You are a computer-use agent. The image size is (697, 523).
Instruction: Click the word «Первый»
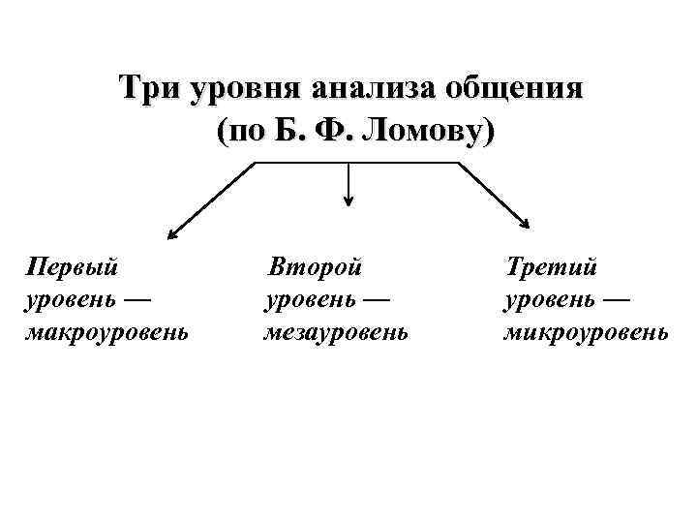[x=73, y=264]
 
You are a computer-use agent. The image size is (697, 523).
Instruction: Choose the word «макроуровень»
[x=106, y=332]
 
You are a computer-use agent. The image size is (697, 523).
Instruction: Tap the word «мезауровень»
[x=336, y=332]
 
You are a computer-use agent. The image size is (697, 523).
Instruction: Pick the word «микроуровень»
[x=585, y=332]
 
